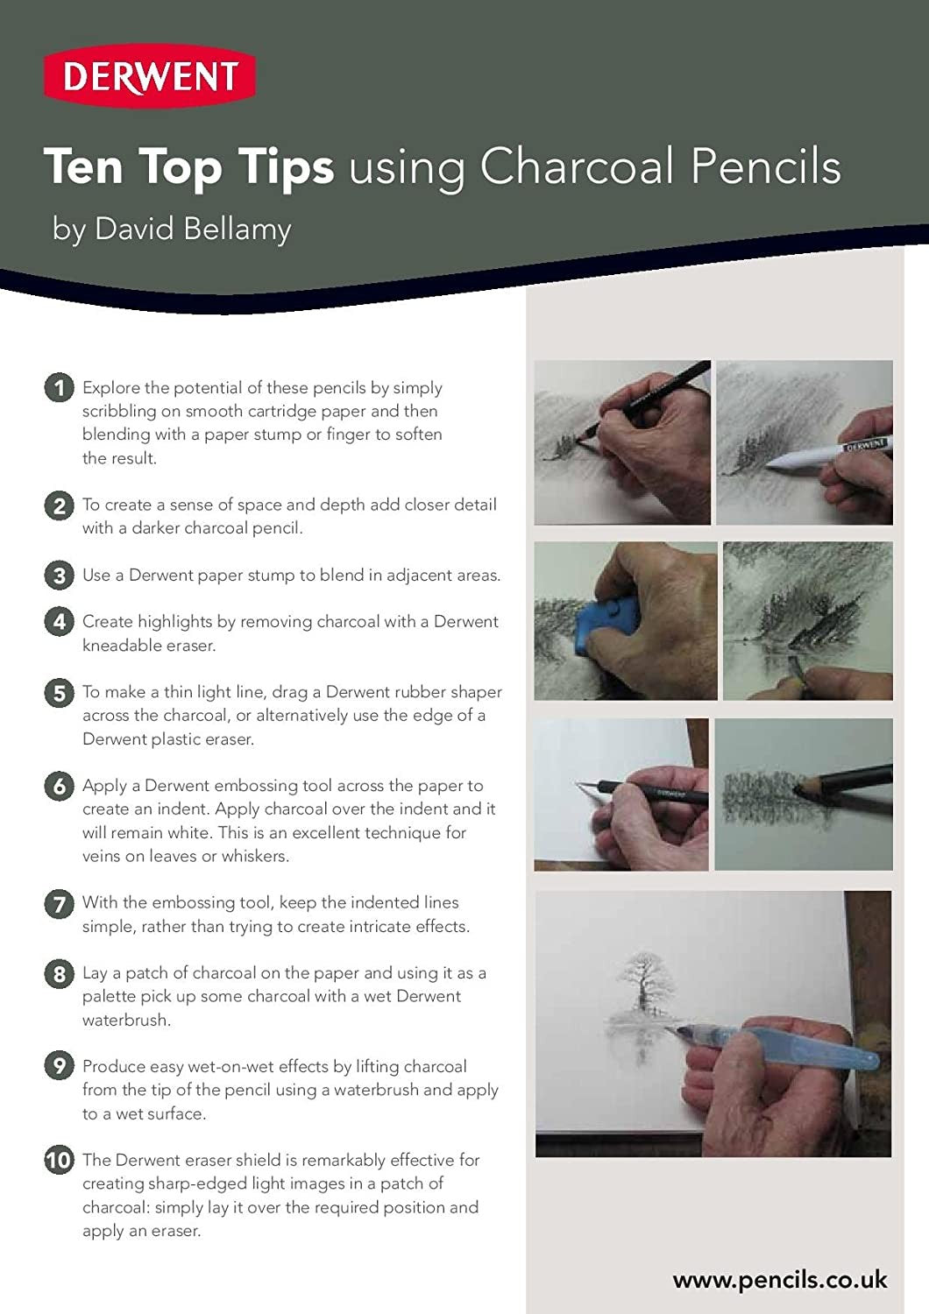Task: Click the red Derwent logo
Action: click(150, 77)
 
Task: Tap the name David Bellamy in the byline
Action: click(193, 230)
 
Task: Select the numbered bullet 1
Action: click(59, 387)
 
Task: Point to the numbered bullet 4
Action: click(59, 622)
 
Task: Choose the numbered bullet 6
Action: click(59, 786)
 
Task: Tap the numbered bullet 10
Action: click(59, 1161)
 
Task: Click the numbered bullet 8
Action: click(59, 973)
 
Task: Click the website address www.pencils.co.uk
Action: click(779, 1281)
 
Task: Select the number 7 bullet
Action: click(59, 903)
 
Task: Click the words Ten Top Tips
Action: click(188, 166)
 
